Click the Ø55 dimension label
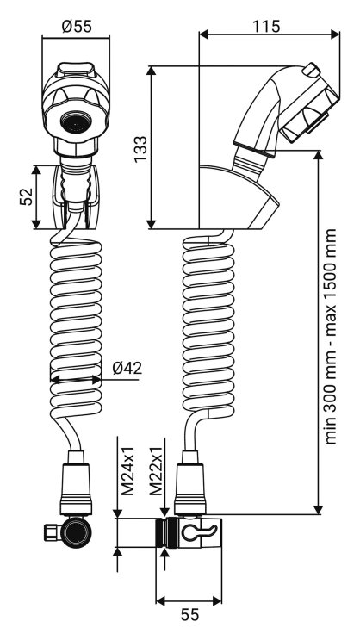point(78,26)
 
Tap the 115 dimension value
point(266,26)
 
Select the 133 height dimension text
point(141,148)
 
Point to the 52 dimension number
point(27,196)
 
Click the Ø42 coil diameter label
point(127,368)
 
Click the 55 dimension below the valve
point(189,614)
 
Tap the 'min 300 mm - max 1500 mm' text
point(331,336)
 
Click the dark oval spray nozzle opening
point(76,122)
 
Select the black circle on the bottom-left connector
point(76,532)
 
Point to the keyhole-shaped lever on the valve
point(197,532)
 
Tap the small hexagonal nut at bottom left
point(52,532)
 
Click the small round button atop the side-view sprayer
point(311,69)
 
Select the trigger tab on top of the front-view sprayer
point(76,70)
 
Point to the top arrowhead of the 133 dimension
point(152,71)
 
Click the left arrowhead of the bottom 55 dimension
point(161,600)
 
